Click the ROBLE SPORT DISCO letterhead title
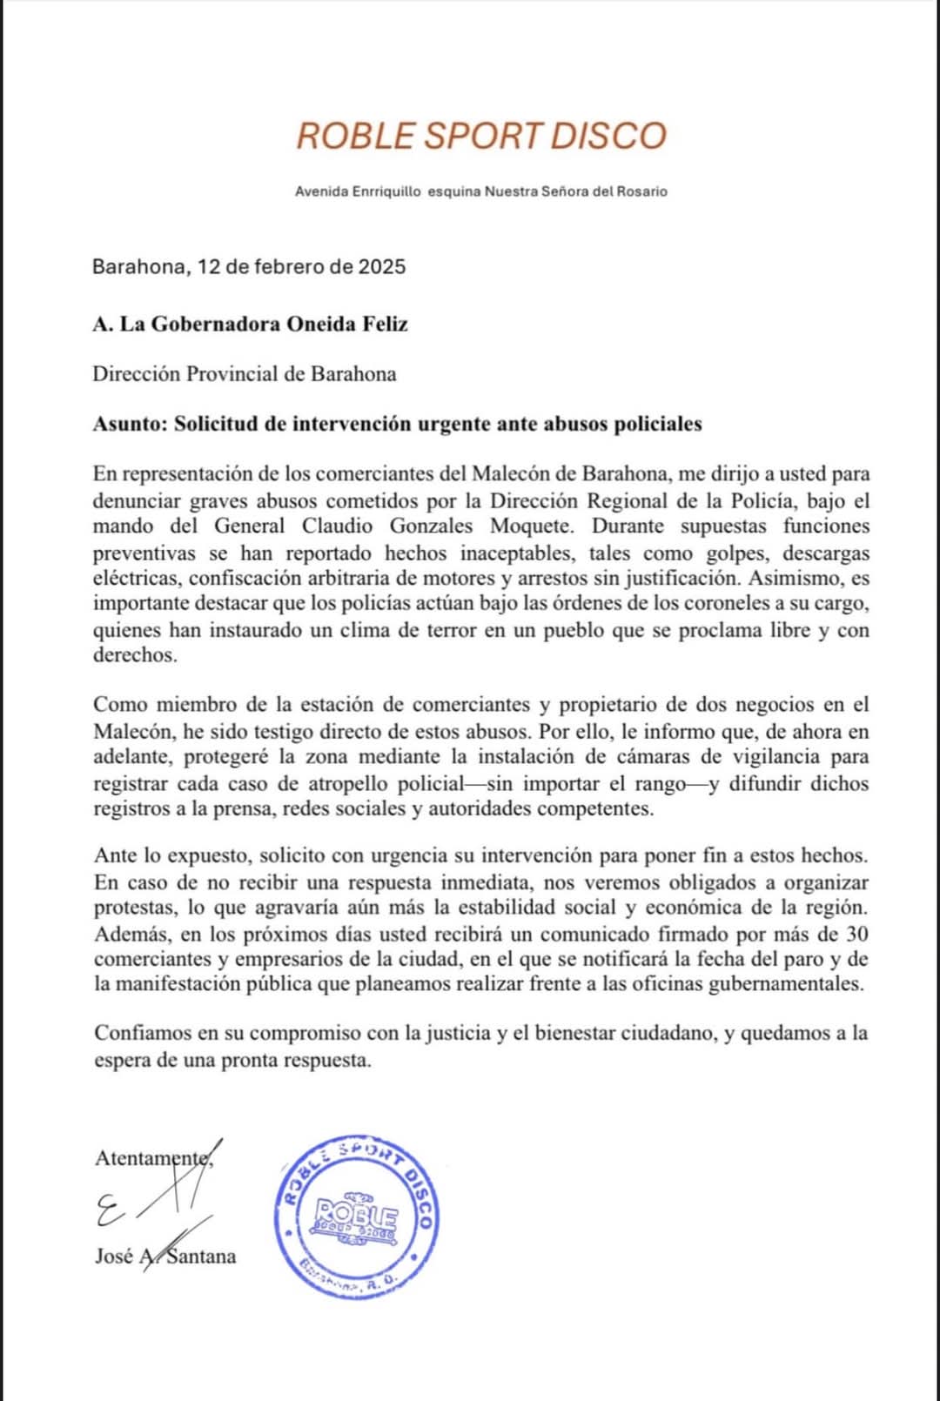click(481, 136)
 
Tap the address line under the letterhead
click(481, 191)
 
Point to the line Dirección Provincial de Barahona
click(245, 374)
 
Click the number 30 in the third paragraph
click(856, 935)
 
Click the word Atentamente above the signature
click(152, 1159)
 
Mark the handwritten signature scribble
click(157, 1197)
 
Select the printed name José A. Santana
click(165, 1257)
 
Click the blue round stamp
click(357, 1217)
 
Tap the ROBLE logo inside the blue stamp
click(356, 1215)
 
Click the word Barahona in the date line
click(138, 266)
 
